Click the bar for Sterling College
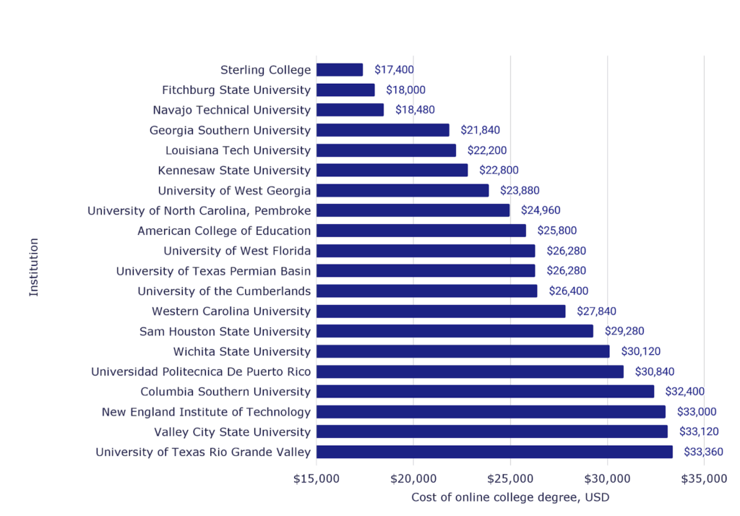click(x=340, y=70)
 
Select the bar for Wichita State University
click(x=462, y=352)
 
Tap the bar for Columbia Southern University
click(x=485, y=392)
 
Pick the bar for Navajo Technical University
click(x=350, y=110)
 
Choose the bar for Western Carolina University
click(x=441, y=311)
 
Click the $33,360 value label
click(x=704, y=452)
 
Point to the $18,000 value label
click(x=406, y=90)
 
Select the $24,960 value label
click(x=541, y=211)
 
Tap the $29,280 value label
click(x=624, y=332)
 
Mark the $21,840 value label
click(x=480, y=131)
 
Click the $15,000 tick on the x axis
click(x=317, y=478)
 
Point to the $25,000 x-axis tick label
click(x=510, y=478)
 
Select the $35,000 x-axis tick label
click(x=704, y=478)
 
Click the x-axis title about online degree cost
click(x=510, y=497)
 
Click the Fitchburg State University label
click(x=236, y=90)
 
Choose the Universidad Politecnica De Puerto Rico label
click(x=201, y=371)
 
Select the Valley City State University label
click(x=232, y=432)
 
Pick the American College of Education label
click(x=224, y=231)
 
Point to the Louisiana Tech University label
click(x=238, y=150)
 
